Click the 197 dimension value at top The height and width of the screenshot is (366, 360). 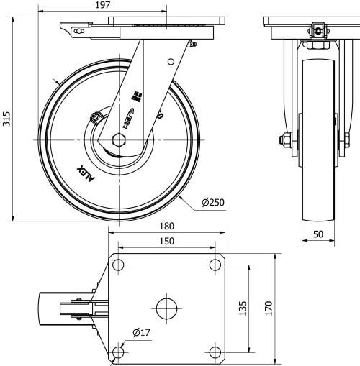103,6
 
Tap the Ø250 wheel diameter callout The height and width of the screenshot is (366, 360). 214,202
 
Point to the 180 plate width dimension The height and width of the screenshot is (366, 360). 166,226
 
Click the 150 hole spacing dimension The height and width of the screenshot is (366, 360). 166,242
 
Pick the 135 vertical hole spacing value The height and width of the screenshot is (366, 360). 242,308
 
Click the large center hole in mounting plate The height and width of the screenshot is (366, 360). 167,308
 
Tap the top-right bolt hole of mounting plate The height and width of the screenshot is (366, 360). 215,264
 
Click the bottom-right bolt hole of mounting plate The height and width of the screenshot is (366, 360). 215,352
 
